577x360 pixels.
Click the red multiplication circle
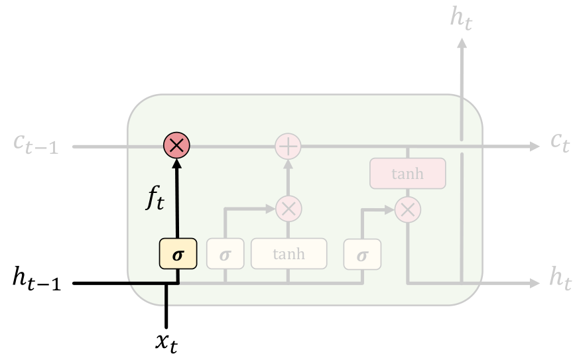click(177, 145)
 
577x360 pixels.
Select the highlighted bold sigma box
click(178, 253)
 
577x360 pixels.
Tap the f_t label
click(155, 198)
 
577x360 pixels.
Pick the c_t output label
click(560, 142)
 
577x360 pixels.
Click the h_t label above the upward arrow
click(462, 17)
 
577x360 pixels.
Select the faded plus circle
click(288, 145)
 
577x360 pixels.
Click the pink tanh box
click(407, 174)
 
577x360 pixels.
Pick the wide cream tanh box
click(288, 253)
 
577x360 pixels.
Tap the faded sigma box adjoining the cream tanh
click(225, 253)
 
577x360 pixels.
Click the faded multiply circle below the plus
click(288, 209)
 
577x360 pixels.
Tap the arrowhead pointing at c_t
click(535, 145)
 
